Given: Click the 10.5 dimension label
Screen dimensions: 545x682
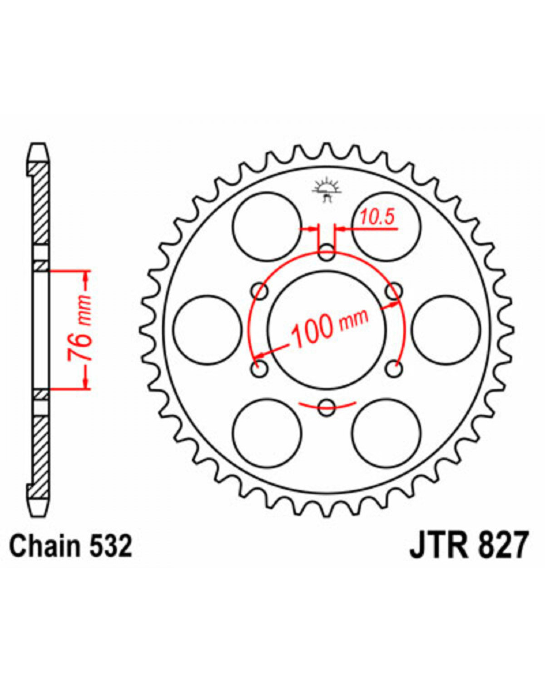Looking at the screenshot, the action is pyautogui.click(x=377, y=217).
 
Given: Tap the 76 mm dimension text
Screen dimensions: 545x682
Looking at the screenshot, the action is pyautogui.click(x=79, y=329).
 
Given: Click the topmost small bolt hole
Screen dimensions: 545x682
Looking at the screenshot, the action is pyautogui.click(x=327, y=252).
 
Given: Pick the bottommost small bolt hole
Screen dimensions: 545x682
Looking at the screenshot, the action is pyautogui.click(x=327, y=407).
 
